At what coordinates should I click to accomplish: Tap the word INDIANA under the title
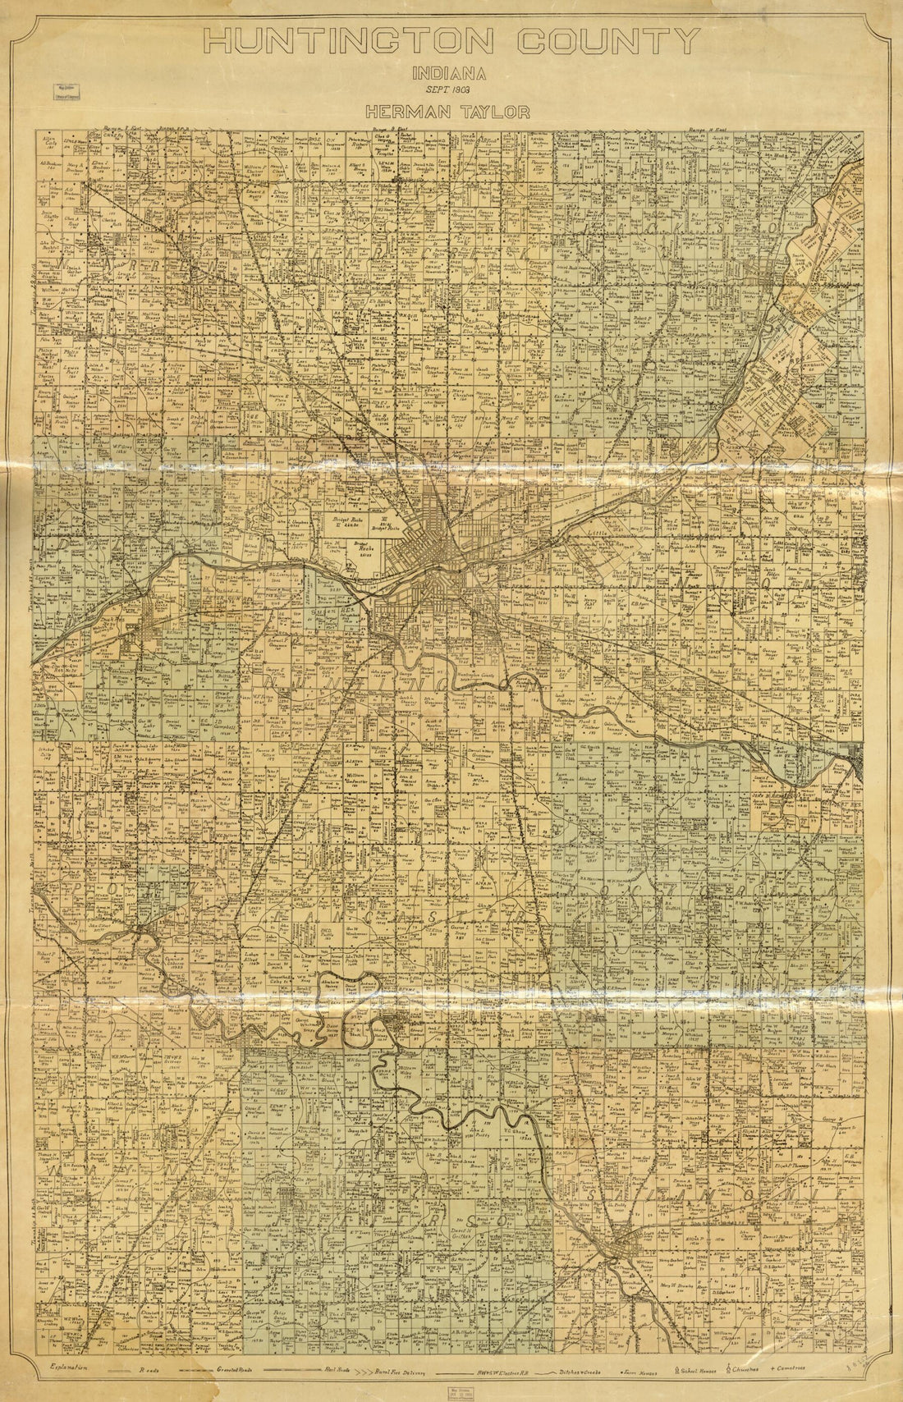(451, 73)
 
